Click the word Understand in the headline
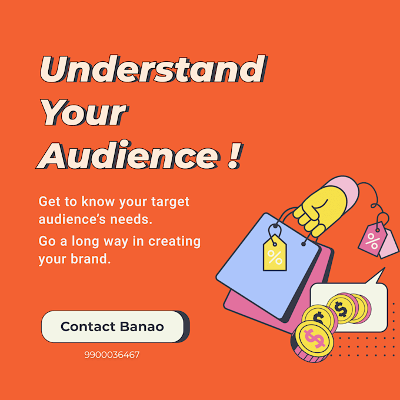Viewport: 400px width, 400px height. [152, 70]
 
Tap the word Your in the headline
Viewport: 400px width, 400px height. [85, 114]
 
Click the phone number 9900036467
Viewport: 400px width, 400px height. [112, 355]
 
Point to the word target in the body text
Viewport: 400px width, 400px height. [171, 202]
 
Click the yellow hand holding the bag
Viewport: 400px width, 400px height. [319, 209]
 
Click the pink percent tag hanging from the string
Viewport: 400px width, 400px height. [372, 239]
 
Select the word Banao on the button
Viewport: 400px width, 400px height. [144, 326]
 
